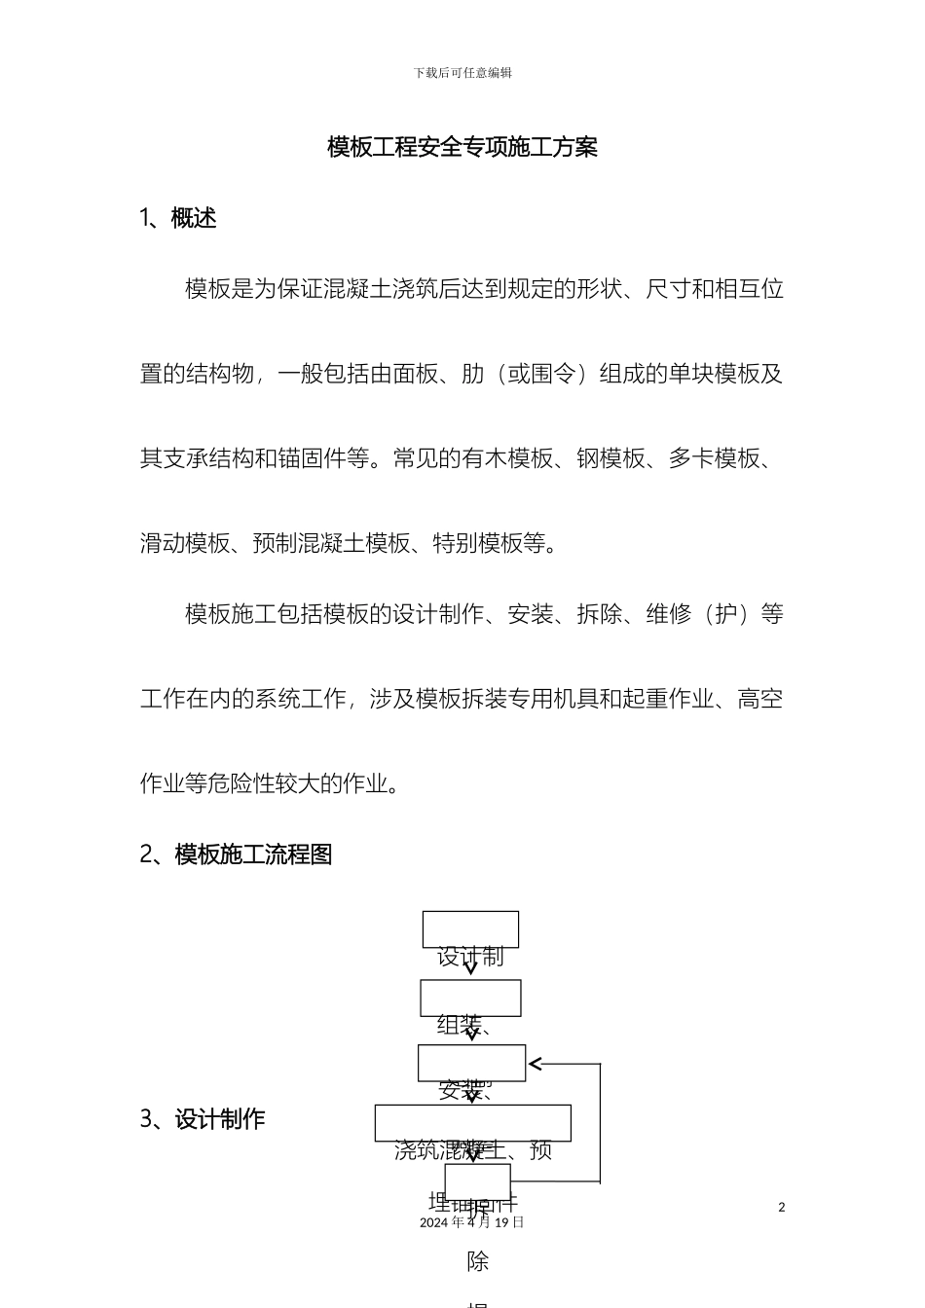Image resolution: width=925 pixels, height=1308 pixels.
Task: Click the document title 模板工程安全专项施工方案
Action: point(462,148)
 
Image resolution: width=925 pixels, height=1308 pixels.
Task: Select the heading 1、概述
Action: point(178,219)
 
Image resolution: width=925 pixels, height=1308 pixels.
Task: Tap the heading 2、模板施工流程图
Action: point(237,854)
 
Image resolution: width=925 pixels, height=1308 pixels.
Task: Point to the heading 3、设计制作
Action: point(203,1119)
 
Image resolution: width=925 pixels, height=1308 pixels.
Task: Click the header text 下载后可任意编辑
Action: point(462,73)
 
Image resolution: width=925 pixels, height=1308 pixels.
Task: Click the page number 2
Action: point(781,1207)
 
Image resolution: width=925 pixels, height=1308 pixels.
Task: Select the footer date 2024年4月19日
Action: point(471,1222)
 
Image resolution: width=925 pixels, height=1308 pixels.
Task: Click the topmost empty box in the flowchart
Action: point(470,928)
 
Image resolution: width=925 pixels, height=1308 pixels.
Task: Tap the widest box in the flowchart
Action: point(472,1122)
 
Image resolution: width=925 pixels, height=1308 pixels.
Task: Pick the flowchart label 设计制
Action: point(470,957)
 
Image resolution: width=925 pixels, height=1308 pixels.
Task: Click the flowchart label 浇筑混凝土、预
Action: point(473,1150)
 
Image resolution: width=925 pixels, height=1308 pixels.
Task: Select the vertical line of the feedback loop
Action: point(600,1122)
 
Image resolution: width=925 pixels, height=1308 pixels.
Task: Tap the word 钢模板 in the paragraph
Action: point(610,458)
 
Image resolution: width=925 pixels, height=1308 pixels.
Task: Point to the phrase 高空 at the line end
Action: point(760,699)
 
